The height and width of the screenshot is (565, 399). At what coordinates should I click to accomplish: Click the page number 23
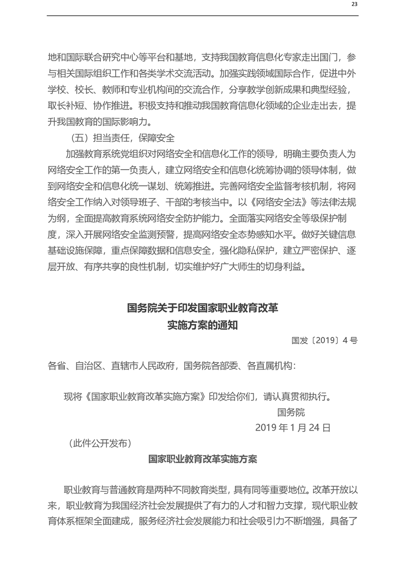[x=354, y=4]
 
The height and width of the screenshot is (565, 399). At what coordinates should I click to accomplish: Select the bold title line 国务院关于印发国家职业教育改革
[x=202, y=308]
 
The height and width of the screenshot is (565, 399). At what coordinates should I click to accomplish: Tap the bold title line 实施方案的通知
[x=202, y=325]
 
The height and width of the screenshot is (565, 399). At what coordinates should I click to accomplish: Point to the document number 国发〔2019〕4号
[x=325, y=340]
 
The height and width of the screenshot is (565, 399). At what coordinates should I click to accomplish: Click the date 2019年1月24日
[x=293, y=428]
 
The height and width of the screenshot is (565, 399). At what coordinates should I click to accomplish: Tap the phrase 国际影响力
[x=128, y=122]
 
